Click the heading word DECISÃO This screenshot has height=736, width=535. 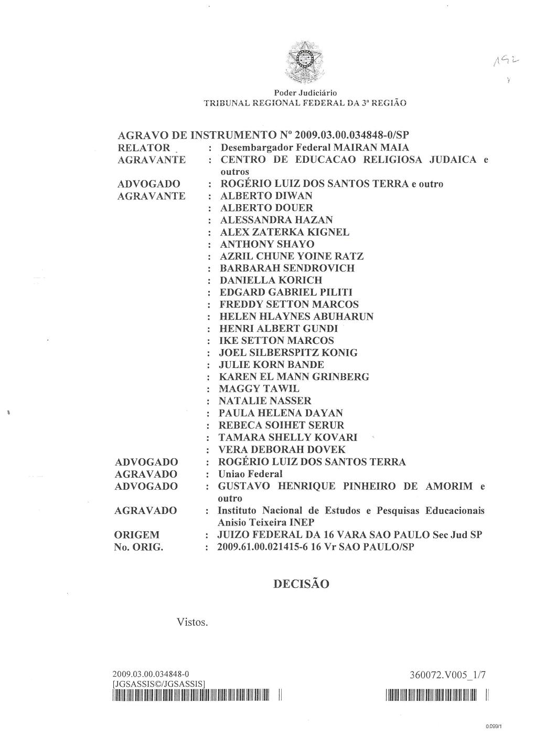coord(301,584)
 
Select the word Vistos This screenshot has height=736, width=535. coord(193,623)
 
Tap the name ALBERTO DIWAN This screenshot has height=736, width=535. coord(266,196)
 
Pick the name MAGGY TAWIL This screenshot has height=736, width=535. coord(259,389)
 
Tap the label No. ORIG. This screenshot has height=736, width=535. coord(138,547)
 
